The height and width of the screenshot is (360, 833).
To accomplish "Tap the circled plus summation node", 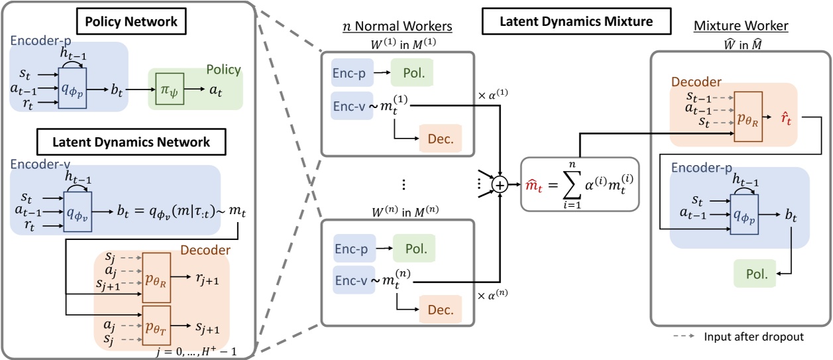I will tap(502, 186).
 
